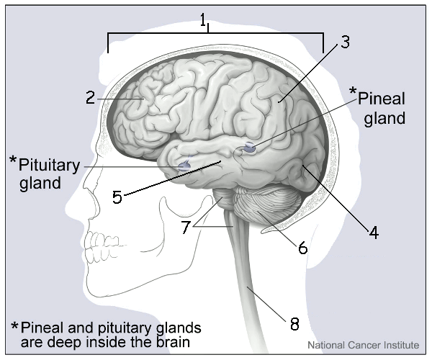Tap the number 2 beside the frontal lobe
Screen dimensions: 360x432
point(90,97)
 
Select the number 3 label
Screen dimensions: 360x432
point(345,42)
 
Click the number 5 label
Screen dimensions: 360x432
point(117,197)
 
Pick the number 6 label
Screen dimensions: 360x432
point(302,248)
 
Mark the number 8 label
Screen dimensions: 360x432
point(294,323)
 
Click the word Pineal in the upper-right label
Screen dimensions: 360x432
point(382,98)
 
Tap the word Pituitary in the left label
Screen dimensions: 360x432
point(49,165)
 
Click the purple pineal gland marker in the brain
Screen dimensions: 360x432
point(249,148)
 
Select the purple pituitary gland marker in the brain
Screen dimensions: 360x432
point(184,166)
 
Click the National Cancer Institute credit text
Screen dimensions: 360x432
point(363,345)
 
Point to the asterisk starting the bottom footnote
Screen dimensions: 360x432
point(15,325)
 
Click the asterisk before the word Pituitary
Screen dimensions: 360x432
point(12,159)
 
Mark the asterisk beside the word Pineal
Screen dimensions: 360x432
point(353,92)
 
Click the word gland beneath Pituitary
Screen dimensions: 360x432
point(40,183)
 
